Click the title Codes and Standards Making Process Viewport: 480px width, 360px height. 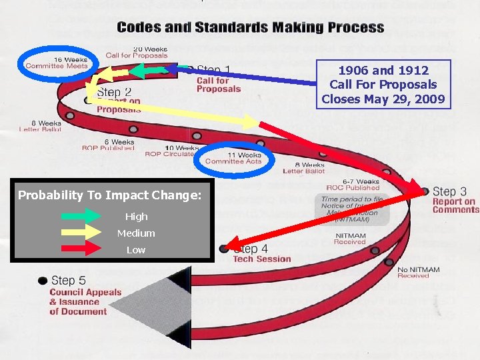250,28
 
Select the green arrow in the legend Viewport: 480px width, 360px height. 79,216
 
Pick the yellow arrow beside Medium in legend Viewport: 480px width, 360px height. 79,233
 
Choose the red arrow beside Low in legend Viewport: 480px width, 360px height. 79,249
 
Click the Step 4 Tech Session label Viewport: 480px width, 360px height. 262,253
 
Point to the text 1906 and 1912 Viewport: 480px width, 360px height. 383,70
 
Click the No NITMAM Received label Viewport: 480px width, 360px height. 418,273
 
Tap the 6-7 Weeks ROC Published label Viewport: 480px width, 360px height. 353,185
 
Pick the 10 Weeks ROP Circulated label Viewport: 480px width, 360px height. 170,151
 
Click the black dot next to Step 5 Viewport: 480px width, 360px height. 43,281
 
